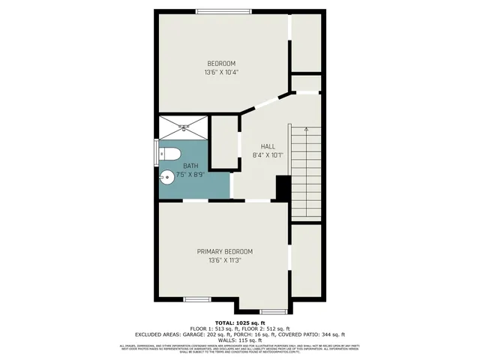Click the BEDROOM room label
pyautogui.click(x=221, y=62)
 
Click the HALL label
pyautogui.click(x=268, y=146)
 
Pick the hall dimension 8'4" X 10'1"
pyautogui.click(x=268, y=156)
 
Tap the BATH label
pyautogui.click(x=193, y=164)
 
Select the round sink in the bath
pyautogui.click(x=166, y=179)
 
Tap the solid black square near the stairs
pyautogui.click(x=283, y=187)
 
